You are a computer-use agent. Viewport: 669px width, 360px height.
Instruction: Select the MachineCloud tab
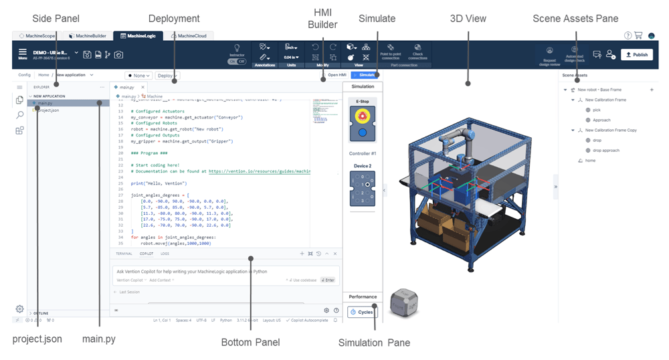(x=190, y=35)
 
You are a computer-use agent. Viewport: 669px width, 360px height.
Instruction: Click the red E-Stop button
(x=363, y=116)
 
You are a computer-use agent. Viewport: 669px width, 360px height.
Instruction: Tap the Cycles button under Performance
(x=363, y=312)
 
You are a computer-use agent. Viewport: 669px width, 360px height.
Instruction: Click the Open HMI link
(x=332, y=75)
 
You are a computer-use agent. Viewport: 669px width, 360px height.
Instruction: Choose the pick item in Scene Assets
(x=596, y=110)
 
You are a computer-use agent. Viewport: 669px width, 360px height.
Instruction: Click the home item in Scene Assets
(x=589, y=161)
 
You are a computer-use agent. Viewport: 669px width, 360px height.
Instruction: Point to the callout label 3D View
(x=468, y=18)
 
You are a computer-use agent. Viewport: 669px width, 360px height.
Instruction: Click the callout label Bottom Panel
(x=250, y=343)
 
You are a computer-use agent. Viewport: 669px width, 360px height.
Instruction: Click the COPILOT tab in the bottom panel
(x=146, y=254)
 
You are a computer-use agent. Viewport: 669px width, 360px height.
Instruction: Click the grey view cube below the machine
(x=404, y=302)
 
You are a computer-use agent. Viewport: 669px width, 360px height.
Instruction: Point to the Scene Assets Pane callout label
(x=575, y=18)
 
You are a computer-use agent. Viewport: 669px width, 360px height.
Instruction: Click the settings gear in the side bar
(x=20, y=308)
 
